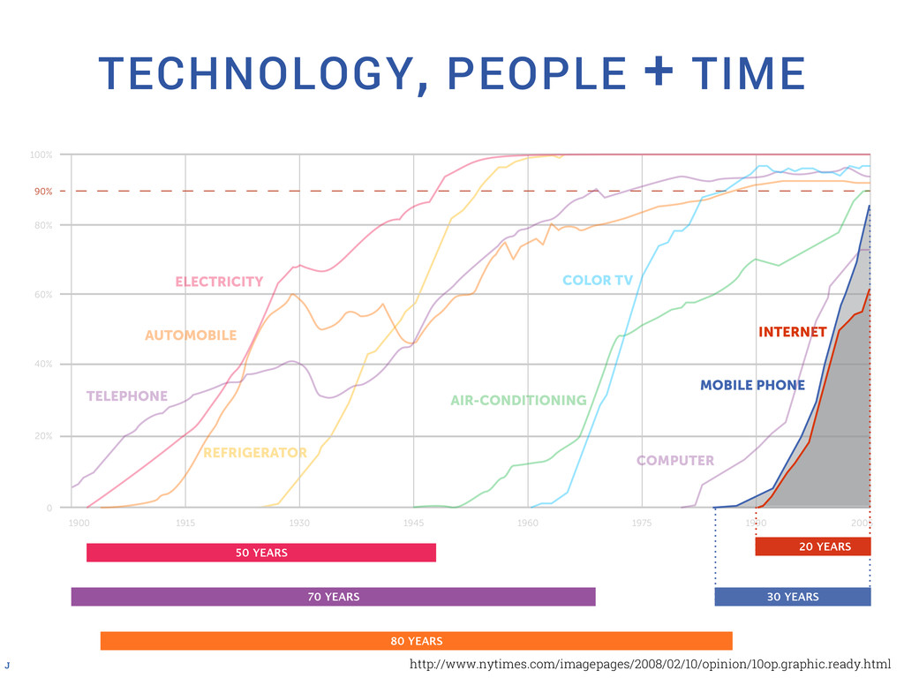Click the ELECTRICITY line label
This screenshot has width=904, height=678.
pos(219,282)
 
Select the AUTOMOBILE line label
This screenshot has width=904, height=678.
pos(191,335)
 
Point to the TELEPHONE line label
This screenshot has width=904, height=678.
pos(127,396)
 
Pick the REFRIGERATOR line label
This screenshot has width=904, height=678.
pos(255,453)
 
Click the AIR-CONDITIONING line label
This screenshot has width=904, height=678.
pos(518,401)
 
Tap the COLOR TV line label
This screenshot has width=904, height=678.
pos(598,281)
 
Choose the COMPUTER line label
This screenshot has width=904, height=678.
pos(675,461)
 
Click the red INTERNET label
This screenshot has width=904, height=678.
pos(793,333)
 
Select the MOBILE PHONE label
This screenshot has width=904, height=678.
pos(752,385)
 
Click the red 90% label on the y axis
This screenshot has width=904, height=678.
pos(43,191)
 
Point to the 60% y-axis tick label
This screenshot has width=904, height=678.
pos(41,294)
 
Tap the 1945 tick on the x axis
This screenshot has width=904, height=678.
pos(413,524)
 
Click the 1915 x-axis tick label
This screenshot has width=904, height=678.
pos(185,524)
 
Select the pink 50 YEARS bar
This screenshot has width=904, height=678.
pos(261,553)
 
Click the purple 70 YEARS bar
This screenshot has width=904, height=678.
pos(333,597)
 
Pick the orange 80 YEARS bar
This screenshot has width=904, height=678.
pos(416,641)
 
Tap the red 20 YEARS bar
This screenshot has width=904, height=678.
pos(813,547)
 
